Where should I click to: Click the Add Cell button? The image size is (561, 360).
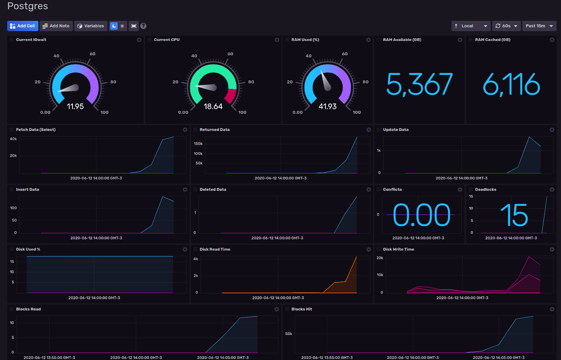(x=22, y=26)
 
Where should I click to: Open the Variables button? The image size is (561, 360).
(x=90, y=26)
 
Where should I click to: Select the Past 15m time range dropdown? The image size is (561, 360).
(x=539, y=26)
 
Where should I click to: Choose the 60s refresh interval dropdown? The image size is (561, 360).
(x=506, y=26)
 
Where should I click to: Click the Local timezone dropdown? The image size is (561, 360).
(x=471, y=26)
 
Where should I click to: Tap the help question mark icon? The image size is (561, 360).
(x=143, y=26)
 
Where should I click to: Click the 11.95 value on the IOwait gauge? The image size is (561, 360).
(x=75, y=106)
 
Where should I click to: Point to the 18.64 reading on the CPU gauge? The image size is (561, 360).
(x=213, y=106)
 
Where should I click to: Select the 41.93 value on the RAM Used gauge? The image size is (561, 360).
(x=327, y=106)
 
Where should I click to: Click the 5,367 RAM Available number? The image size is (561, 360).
(x=419, y=84)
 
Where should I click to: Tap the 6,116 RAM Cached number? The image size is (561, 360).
(x=511, y=84)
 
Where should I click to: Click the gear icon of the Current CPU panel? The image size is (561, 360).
(x=277, y=40)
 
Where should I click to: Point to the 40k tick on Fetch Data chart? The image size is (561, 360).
(x=13, y=139)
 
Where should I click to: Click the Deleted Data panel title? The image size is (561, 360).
(x=213, y=189)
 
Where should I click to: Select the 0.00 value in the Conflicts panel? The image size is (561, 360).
(x=421, y=215)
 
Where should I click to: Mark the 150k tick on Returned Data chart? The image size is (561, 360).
(x=198, y=144)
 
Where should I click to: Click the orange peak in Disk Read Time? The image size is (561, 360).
(x=357, y=257)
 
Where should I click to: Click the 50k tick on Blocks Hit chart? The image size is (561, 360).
(x=289, y=334)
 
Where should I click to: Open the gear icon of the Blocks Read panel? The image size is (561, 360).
(x=277, y=309)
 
